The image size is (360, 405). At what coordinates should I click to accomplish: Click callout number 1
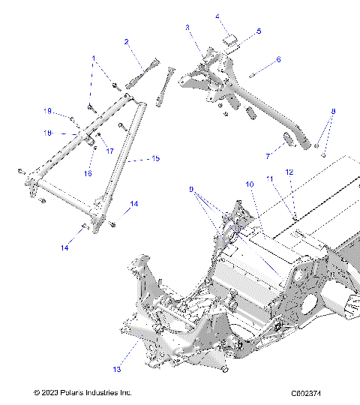[x=94, y=58]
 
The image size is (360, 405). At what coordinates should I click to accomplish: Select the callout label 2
[x=127, y=42]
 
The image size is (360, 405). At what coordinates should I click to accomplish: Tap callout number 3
[x=187, y=28]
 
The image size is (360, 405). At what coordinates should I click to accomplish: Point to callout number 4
[x=217, y=16]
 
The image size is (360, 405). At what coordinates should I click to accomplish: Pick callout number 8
[x=334, y=112]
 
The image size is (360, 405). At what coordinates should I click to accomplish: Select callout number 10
[x=250, y=184]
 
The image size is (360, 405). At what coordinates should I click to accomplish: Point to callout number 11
[x=269, y=178]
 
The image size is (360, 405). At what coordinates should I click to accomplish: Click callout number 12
[x=289, y=172]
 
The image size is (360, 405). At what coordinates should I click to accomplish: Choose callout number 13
[x=116, y=369]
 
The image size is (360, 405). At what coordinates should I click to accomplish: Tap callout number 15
[x=156, y=159]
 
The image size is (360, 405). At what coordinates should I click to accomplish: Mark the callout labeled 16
[x=87, y=173]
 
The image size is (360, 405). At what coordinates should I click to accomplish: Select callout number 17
[x=109, y=151]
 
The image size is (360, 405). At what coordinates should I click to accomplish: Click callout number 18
[x=46, y=133]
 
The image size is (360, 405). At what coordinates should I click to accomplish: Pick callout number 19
[x=47, y=112]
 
